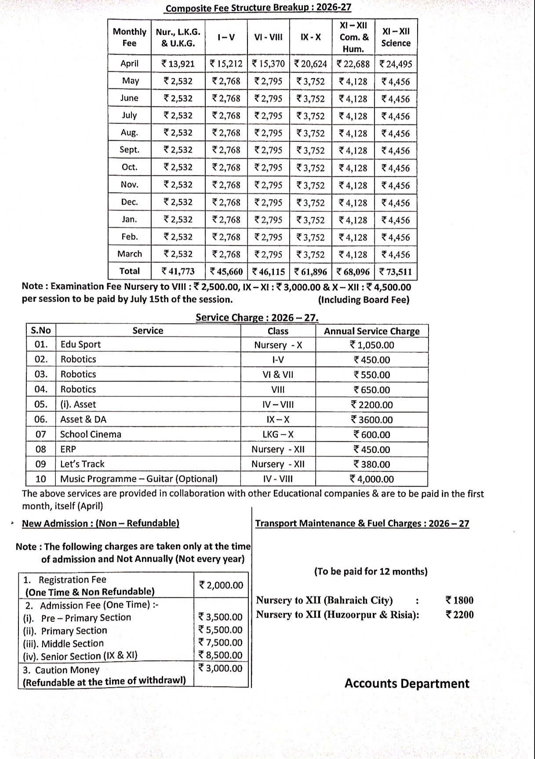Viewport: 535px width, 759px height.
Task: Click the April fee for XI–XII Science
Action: pos(396,64)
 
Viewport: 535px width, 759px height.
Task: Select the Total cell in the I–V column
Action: pos(226,272)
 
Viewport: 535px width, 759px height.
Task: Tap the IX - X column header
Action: pos(310,37)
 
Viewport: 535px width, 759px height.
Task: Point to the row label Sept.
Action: pos(129,150)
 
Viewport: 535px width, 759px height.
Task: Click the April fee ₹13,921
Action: pos(178,64)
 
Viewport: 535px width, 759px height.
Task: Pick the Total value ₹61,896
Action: pos(310,272)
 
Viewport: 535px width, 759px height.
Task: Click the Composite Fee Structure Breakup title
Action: pos(258,8)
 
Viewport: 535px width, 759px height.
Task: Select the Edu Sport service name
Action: pos(80,345)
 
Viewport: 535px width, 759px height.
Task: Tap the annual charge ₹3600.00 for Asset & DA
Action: pos(372,420)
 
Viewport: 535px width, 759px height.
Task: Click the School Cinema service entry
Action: pos(91,434)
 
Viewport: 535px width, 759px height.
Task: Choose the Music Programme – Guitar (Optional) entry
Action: pos(139,479)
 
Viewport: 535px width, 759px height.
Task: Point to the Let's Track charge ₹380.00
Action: pos(372,465)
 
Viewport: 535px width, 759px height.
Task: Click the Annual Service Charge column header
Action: pos(371,331)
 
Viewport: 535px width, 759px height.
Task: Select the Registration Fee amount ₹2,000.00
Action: pos(221,585)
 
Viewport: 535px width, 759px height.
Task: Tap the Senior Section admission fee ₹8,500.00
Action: pos(220,655)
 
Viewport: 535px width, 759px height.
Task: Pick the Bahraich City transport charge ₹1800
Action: pos(459,600)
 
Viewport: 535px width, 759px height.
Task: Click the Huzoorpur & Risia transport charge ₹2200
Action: pos(459,614)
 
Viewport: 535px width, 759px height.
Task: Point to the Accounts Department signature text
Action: pos(407,683)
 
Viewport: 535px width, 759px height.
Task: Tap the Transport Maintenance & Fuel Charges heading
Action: pos(362,523)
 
